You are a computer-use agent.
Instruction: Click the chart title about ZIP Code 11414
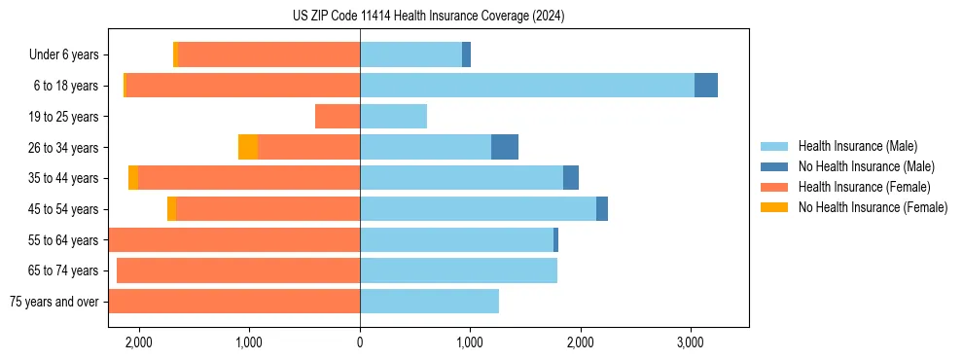(x=428, y=17)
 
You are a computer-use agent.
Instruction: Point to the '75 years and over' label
(x=53, y=302)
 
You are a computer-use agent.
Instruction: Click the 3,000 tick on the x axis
(x=691, y=342)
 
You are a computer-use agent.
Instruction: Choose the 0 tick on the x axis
(x=360, y=342)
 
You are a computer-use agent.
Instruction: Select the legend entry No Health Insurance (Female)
(x=873, y=207)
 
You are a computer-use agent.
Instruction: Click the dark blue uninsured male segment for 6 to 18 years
(x=706, y=86)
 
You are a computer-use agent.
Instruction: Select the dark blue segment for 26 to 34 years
(x=505, y=147)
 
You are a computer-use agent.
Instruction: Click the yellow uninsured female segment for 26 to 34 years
(x=248, y=147)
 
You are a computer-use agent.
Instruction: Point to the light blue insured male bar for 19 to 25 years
(x=394, y=117)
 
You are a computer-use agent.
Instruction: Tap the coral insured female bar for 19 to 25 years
(x=338, y=117)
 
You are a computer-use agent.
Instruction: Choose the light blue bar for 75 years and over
(x=429, y=302)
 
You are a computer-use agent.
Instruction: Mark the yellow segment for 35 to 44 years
(x=133, y=178)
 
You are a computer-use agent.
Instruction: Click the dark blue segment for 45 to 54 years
(x=602, y=208)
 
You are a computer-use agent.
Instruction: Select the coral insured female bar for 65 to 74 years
(x=238, y=270)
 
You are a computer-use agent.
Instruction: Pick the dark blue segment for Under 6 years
(x=466, y=55)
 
